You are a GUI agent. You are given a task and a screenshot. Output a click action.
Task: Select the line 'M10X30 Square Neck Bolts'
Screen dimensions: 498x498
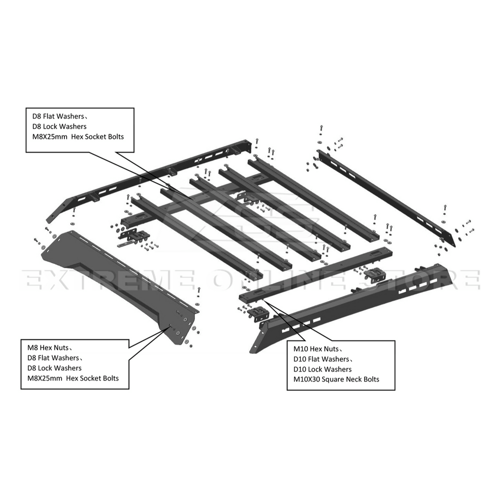tap(336, 379)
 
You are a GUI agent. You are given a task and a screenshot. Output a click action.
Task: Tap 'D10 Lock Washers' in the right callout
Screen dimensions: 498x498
tap(322, 369)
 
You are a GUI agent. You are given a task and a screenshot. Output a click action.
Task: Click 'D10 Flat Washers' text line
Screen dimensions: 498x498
tap(321, 359)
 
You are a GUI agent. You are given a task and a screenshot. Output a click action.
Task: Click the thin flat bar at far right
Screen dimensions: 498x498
tap(386, 197)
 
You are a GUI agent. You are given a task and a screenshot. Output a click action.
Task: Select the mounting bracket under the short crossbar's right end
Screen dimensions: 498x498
tap(375, 274)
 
